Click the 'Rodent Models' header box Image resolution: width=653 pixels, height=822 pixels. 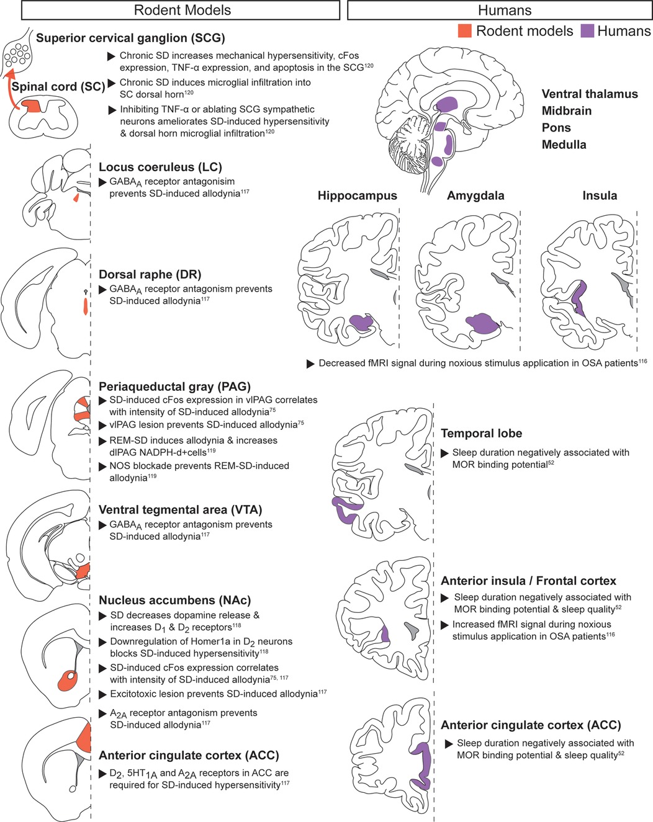click(182, 10)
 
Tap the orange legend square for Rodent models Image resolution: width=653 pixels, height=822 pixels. click(464, 30)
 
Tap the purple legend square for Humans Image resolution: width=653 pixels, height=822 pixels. click(587, 30)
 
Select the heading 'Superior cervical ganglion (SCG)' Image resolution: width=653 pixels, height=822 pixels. click(130, 38)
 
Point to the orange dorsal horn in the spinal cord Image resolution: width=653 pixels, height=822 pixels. click(32, 105)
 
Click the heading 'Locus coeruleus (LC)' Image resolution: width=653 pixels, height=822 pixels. click(160, 167)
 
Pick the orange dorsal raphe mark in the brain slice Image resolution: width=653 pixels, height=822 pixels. click(86, 305)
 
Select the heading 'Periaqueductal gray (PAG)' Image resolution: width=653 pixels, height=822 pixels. click(174, 386)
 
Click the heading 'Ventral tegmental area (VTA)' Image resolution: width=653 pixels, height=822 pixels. click(180, 510)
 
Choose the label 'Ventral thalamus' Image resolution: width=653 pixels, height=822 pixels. click(590, 94)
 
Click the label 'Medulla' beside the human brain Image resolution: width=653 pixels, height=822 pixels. click(564, 145)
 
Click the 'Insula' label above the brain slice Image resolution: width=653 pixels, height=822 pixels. click(599, 195)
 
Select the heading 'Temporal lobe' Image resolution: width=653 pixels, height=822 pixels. click(481, 434)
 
